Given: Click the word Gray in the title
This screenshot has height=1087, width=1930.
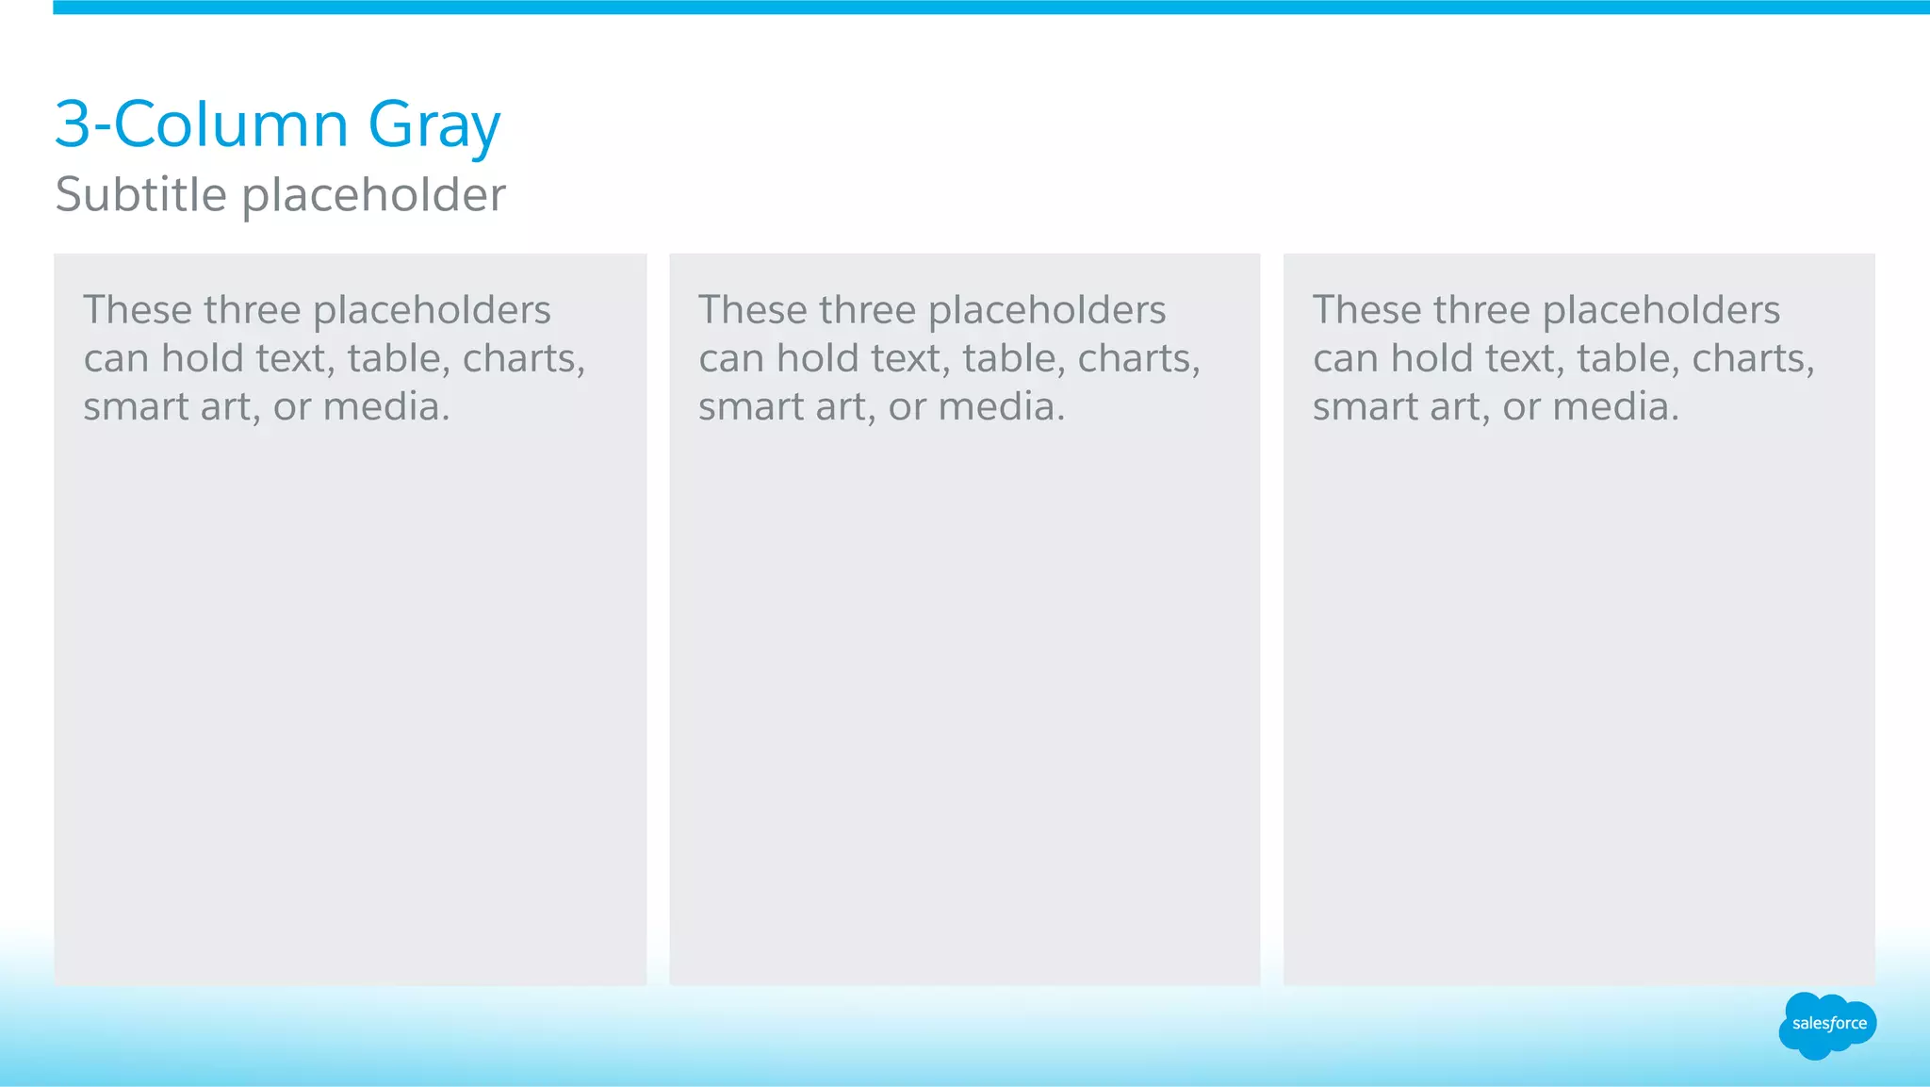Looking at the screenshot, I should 433,126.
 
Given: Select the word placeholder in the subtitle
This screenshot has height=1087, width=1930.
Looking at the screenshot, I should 374,195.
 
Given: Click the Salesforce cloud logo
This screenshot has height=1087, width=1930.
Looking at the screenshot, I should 1827,1025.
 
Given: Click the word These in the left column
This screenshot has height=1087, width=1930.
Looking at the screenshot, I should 138,310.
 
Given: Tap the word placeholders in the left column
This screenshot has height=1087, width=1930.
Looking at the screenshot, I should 432,311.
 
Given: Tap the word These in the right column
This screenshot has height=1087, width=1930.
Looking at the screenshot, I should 1366,310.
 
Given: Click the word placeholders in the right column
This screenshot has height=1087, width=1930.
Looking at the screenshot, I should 1661,311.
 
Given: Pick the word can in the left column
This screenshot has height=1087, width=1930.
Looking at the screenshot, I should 115,359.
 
